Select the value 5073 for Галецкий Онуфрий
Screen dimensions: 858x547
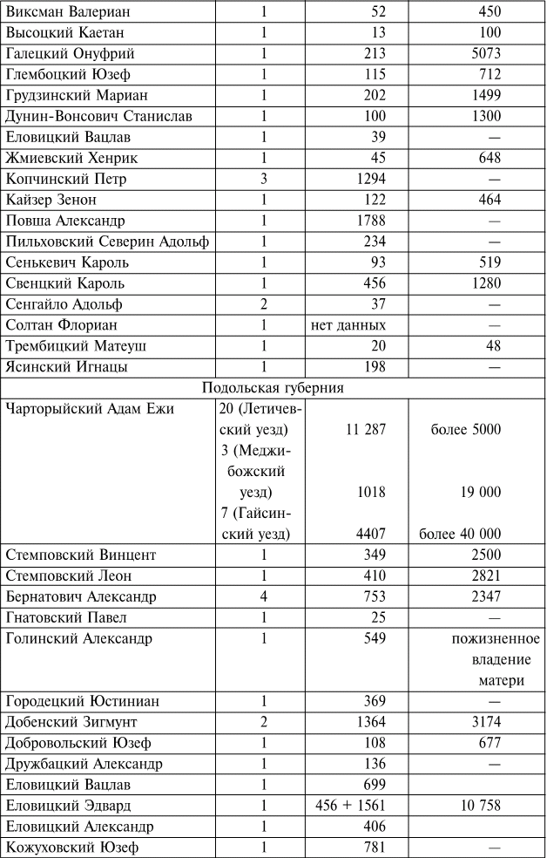[x=483, y=53]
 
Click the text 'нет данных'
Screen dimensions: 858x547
[x=348, y=325]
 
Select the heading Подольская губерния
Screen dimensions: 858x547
[x=273, y=388]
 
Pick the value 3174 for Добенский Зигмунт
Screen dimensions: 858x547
[x=483, y=722]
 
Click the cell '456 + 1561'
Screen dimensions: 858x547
[x=350, y=806]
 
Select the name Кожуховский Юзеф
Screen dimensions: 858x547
[x=73, y=848]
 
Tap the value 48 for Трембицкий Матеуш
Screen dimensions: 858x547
[x=492, y=346]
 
